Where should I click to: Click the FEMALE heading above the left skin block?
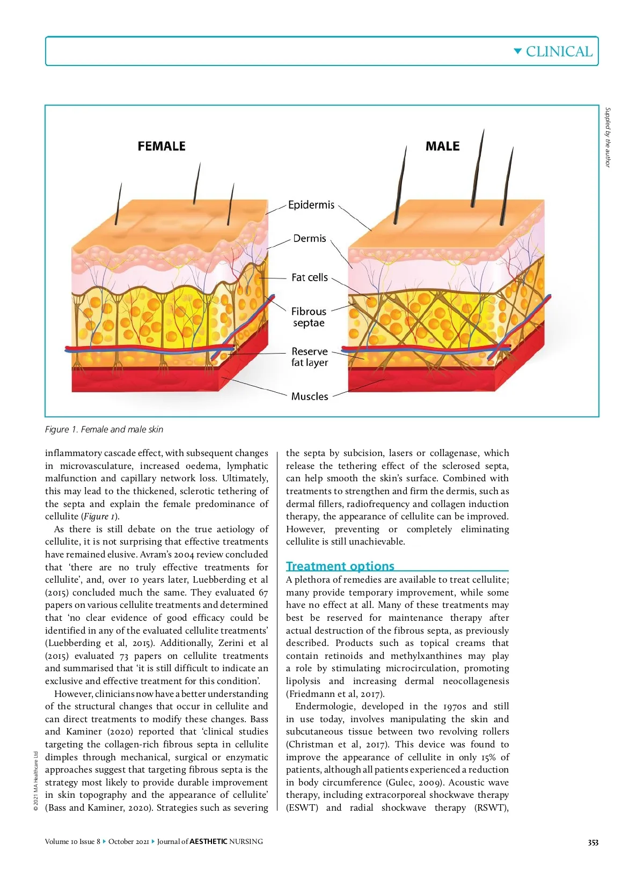(162, 146)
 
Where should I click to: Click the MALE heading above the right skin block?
(442, 146)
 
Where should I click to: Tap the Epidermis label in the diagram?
(311, 205)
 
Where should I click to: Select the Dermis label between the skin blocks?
(309, 238)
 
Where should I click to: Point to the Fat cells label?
(309, 277)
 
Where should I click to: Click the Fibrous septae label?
(309, 317)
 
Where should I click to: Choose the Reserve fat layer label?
(310, 357)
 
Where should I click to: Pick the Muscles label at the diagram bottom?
(310, 396)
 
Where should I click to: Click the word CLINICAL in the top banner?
(559, 52)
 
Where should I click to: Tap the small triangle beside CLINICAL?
(517, 52)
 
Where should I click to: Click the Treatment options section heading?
(340, 566)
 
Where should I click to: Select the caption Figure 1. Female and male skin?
(104, 429)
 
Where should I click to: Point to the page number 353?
(592, 842)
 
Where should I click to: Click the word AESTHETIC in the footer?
(208, 841)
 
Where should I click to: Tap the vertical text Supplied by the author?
(608, 137)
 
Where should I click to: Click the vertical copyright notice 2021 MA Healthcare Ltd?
(35, 781)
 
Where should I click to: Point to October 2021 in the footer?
(128, 841)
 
